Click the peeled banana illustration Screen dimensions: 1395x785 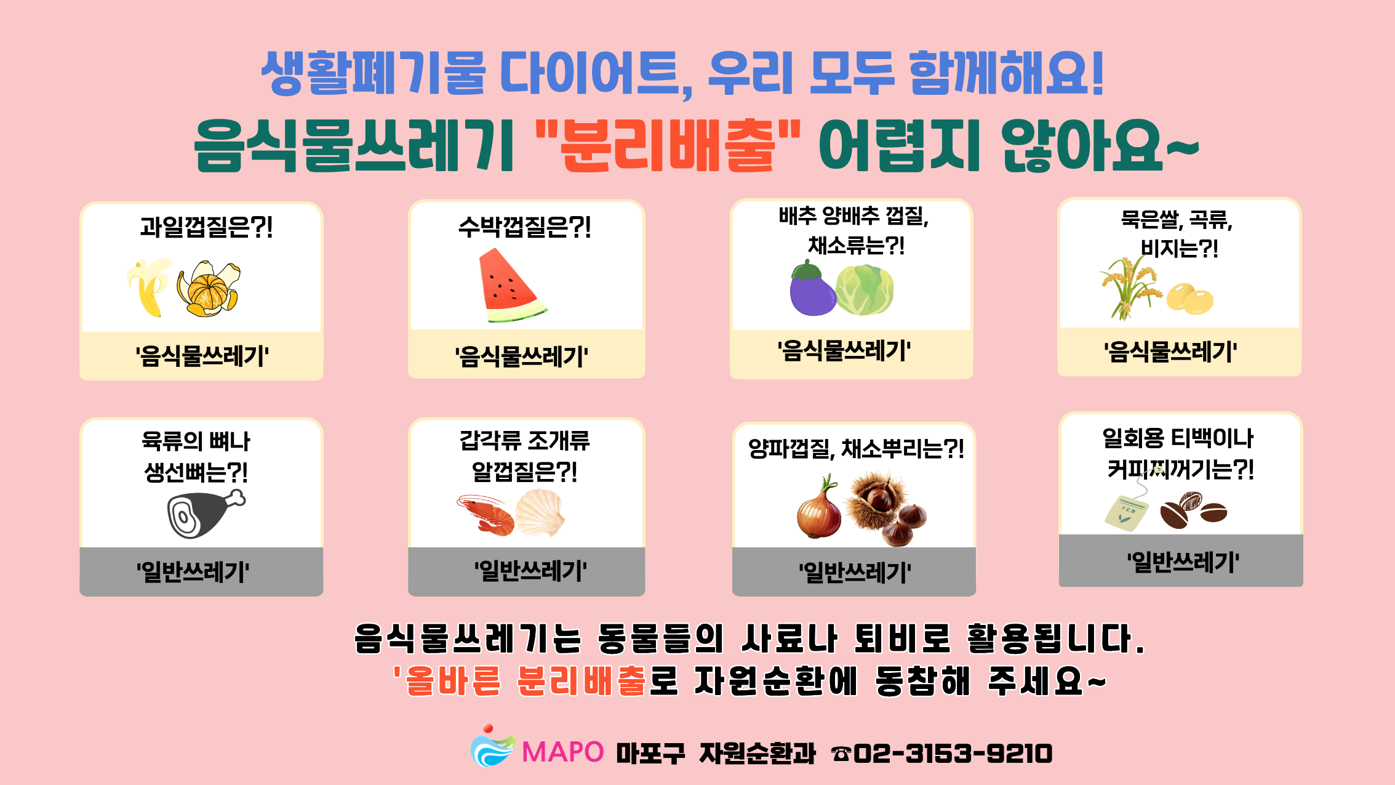tap(149, 287)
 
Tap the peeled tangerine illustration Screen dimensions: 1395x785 tap(209, 289)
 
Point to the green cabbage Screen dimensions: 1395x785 tap(865, 290)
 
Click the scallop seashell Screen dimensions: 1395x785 tap(540, 512)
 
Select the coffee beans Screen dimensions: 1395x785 tap(1193, 510)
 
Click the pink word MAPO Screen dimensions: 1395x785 tap(563, 752)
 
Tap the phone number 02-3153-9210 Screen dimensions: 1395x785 tap(953, 754)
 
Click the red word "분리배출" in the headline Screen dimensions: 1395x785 tap(668, 145)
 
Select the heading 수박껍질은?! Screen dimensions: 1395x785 tap(524, 227)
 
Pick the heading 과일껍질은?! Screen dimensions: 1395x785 tap(206, 227)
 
